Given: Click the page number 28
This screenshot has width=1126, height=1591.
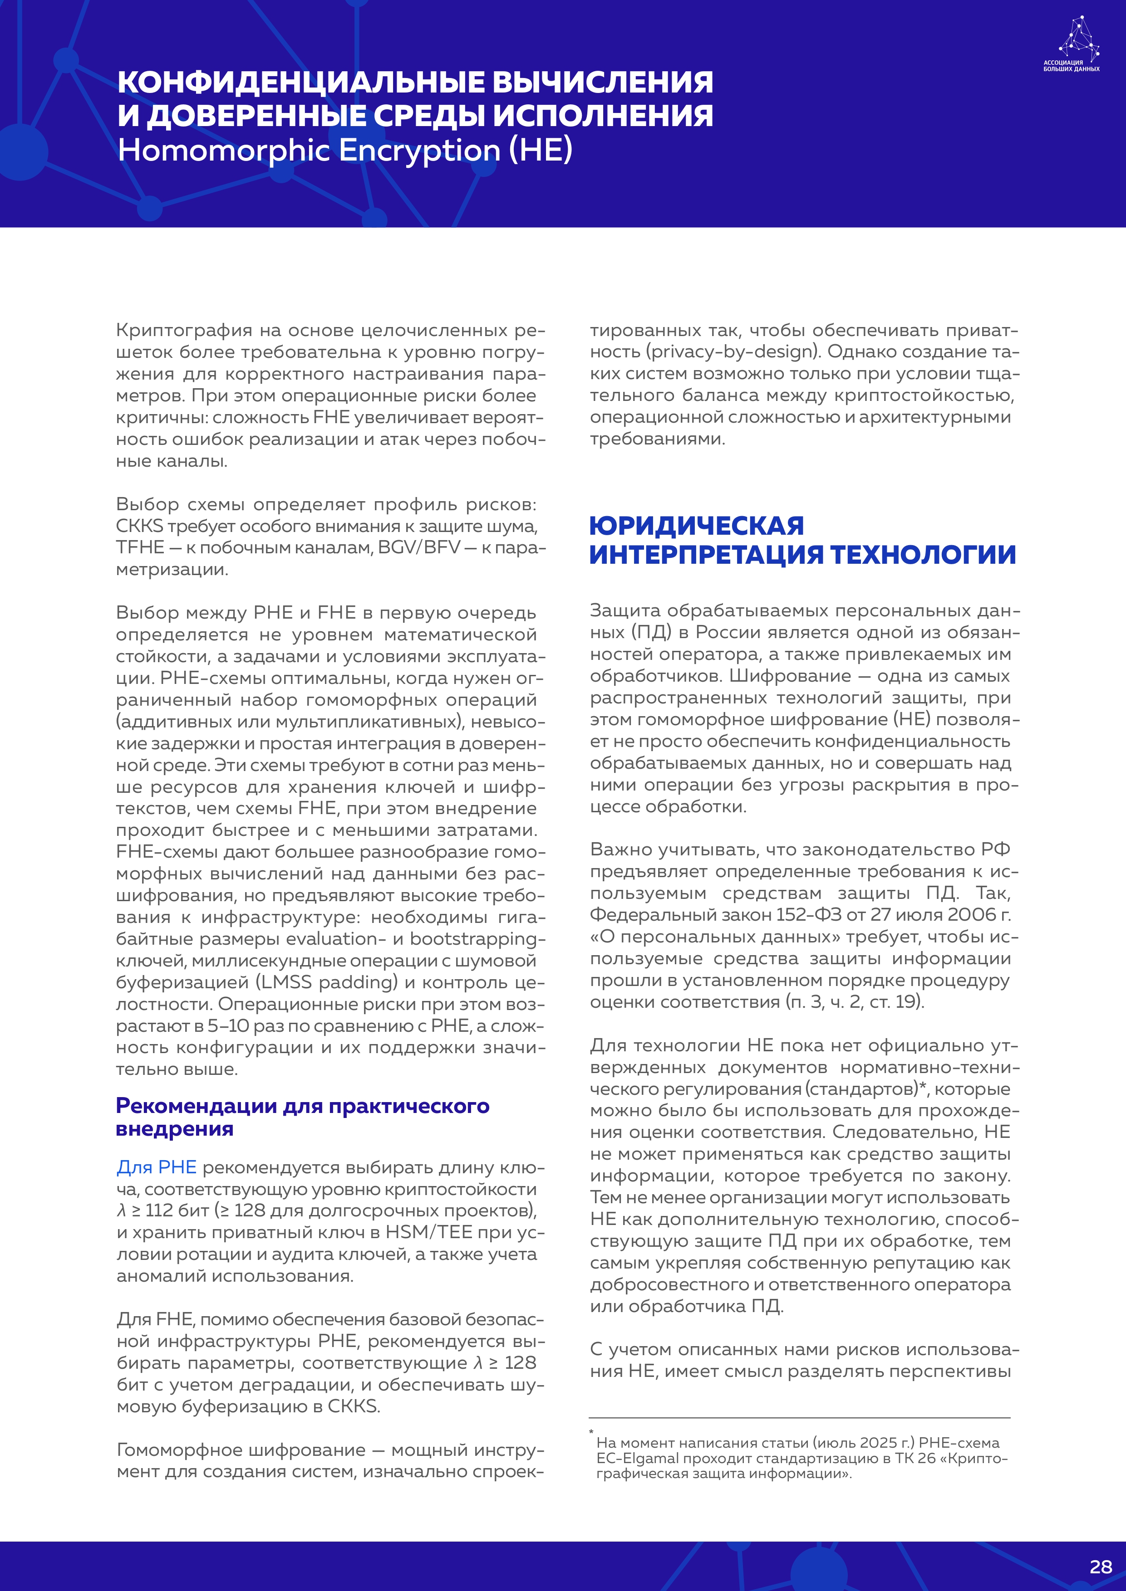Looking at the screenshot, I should click(x=1100, y=1567).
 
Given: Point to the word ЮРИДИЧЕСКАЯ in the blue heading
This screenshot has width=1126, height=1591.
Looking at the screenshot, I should click(x=696, y=526).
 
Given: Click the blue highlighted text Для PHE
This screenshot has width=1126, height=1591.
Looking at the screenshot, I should click(x=156, y=1167).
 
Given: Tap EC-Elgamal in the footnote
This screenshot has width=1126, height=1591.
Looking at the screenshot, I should click(x=628, y=1458).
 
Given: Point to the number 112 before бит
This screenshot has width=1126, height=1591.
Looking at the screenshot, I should click(x=159, y=1210).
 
